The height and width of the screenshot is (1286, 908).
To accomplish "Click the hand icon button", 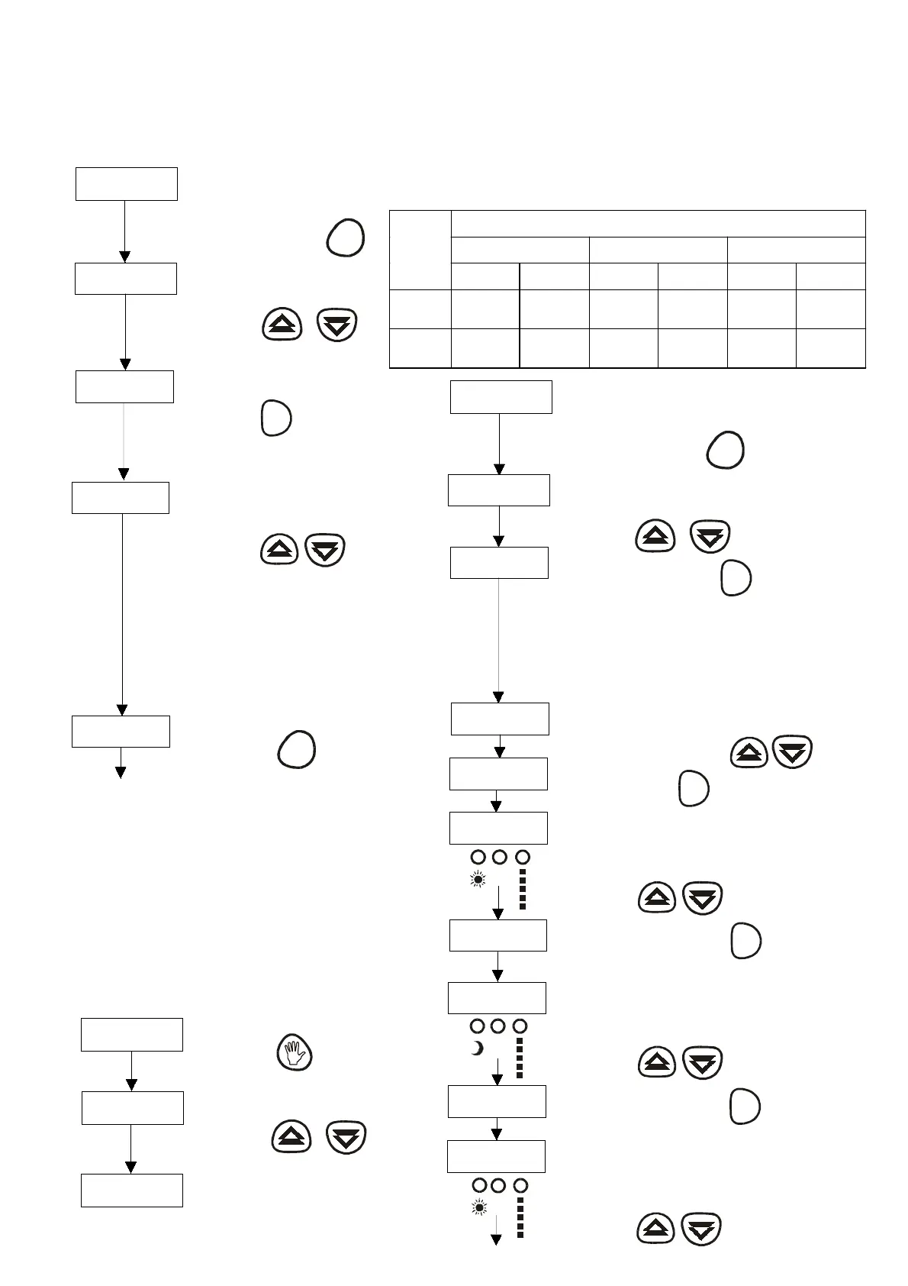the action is tap(294, 1054).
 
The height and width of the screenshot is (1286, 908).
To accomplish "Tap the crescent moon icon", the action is tap(477, 1049).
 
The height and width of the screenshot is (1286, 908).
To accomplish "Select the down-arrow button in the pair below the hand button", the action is tap(346, 1137).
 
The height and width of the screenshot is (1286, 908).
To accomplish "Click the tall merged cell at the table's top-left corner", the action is tap(420, 250).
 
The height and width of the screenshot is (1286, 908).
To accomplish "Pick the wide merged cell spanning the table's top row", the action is tap(658, 224).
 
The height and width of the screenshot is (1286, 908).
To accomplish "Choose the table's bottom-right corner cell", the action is tap(831, 348).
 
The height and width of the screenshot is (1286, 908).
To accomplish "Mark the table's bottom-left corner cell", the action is tap(420, 348).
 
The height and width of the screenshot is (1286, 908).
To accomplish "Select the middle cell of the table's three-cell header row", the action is tap(658, 250).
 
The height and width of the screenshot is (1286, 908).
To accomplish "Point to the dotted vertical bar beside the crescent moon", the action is tap(520, 1058).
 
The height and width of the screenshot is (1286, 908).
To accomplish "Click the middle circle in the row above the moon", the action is tap(498, 1026).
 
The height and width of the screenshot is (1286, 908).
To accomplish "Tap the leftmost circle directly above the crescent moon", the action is tap(477, 1026).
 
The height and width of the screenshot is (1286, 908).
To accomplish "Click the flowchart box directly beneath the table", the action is tap(501, 397).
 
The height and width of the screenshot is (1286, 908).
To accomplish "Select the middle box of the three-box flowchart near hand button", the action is tap(132, 1107).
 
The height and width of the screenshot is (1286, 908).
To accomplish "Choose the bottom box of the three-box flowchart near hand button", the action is tap(131, 1190).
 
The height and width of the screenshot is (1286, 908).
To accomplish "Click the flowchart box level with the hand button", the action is tap(131, 1034).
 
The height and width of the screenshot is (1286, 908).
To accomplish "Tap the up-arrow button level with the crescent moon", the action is tap(657, 1061).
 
